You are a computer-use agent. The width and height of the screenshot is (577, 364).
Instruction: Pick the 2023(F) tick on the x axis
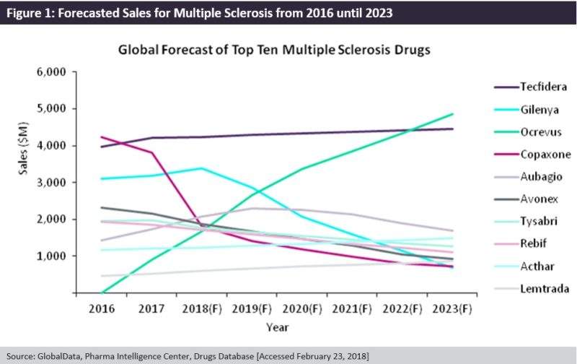pyautogui.click(x=451, y=309)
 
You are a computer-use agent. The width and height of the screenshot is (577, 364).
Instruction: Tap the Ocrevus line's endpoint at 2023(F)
pyautogui.click(x=452, y=114)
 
